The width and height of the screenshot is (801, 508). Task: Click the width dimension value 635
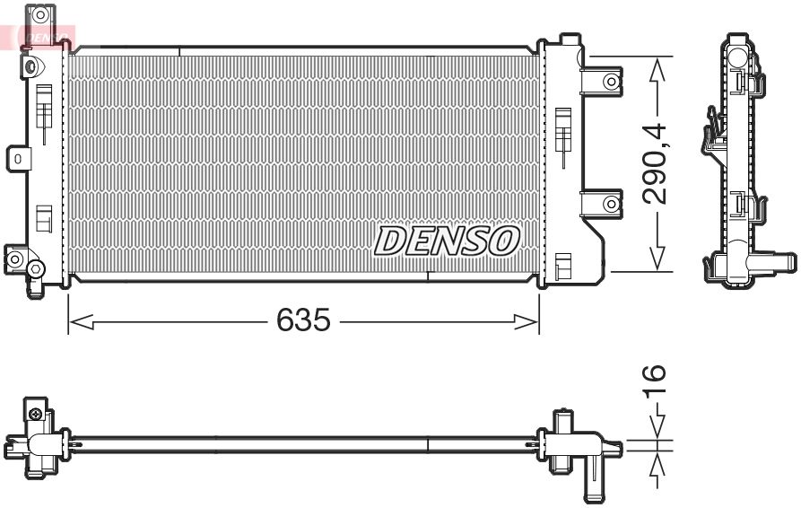point(303,320)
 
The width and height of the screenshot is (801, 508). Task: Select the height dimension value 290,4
point(657,163)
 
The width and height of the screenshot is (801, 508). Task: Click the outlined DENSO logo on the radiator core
point(447,241)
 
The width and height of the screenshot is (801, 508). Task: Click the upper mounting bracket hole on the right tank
point(611,82)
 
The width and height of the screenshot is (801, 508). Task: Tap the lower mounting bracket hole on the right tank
point(611,205)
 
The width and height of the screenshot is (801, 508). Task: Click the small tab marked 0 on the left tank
point(18,159)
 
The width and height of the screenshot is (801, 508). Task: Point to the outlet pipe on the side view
point(773,263)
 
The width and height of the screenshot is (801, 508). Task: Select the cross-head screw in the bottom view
point(35,414)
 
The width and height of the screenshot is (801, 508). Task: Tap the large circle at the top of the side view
point(738,57)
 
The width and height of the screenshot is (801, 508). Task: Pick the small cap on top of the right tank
point(569,39)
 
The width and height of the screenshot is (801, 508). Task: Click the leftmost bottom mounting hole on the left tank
point(13,259)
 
